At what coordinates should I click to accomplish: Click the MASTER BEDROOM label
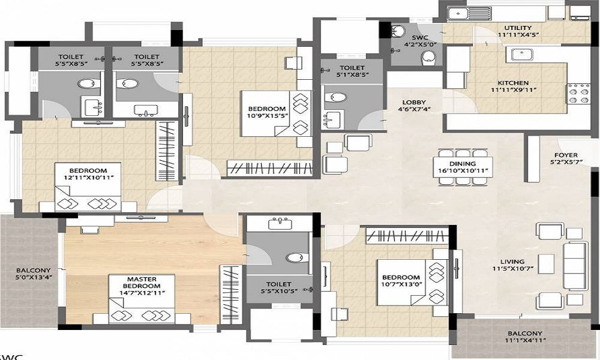click(x=142, y=283)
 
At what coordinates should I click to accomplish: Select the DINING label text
click(x=463, y=164)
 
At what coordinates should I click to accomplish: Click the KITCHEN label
click(x=513, y=83)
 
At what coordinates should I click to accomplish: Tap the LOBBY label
click(x=414, y=103)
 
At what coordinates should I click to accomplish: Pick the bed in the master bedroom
click(x=142, y=300)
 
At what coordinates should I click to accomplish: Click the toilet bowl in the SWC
click(x=428, y=56)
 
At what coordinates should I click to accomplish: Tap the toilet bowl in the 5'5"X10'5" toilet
click(x=295, y=258)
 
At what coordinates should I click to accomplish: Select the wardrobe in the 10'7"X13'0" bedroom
click(x=407, y=235)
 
